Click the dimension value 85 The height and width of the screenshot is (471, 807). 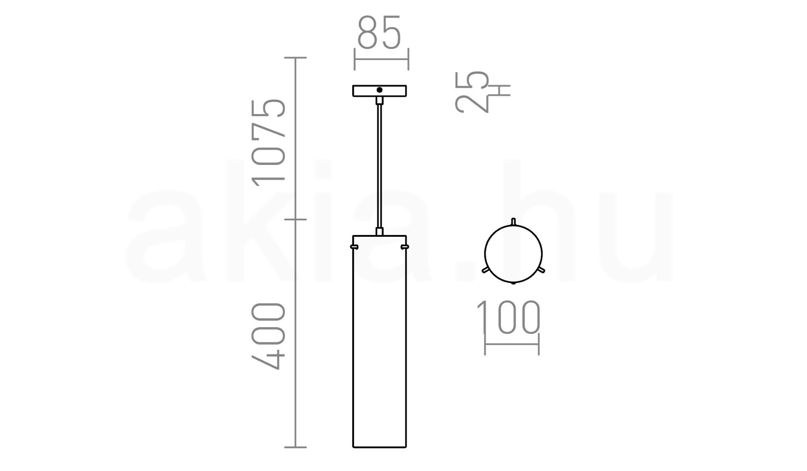pyautogui.click(x=379, y=32)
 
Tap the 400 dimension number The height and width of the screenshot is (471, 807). pyautogui.click(x=268, y=336)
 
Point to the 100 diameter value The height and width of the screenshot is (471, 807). pyautogui.click(x=509, y=317)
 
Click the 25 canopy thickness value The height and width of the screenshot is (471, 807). pyautogui.click(x=472, y=92)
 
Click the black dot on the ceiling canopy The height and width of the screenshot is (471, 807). pyautogui.click(x=380, y=90)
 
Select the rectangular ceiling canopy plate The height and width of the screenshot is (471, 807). pyautogui.click(x=380, y=91)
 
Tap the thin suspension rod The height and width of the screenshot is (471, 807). pyautogui.click(x=380, y=166)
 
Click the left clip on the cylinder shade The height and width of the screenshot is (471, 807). pyautogui.click(x=354, y=247)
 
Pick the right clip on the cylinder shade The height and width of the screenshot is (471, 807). pyautogui.click(x=405, y=247)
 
